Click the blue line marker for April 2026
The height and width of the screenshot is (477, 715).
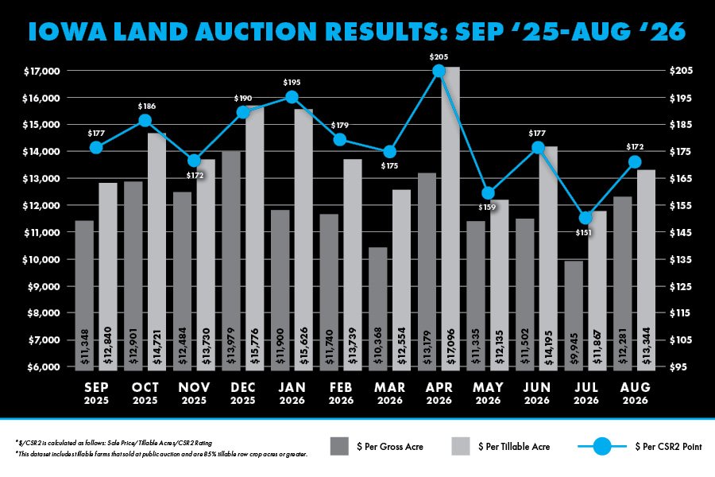(439, 71)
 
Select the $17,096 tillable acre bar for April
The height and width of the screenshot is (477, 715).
(450, 219)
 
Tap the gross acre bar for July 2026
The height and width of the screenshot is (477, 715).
(574, 316)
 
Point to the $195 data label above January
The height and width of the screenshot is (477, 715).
(292, 82)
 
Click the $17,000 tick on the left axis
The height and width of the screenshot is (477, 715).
(42, 71)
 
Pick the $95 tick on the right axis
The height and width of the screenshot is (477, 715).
(678, 367)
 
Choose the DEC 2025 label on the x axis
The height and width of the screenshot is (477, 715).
(242, 394)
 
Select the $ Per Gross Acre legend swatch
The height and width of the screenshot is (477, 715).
(339, 446)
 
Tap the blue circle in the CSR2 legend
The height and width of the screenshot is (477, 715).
(602, 446)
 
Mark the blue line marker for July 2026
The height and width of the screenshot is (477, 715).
(586, 218)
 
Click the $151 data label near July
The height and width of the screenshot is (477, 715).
(583, 232)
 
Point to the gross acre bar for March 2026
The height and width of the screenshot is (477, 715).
(378, 309)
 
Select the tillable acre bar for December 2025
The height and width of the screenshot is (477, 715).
(255, 238)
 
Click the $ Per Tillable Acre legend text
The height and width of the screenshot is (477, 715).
(514, 447)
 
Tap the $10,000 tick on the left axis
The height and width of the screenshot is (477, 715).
(42, 260)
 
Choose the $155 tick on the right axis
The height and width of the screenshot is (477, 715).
(681, 205)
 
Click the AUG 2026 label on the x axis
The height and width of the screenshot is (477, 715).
(636, 394)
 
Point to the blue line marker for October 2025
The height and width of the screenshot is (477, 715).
(145, 121)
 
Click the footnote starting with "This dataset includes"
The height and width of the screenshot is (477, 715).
(162, 454)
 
